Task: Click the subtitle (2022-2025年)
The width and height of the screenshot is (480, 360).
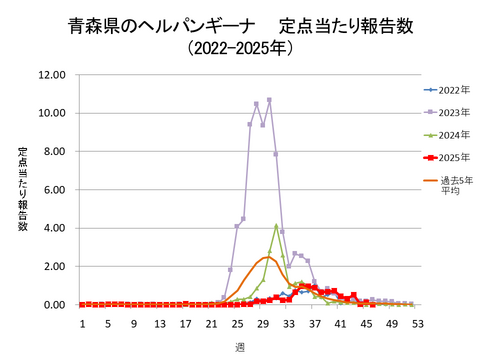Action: click(x=240, y=47)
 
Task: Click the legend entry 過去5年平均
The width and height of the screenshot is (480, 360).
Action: click(x=451, y=185)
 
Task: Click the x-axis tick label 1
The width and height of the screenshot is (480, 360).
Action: click(x=83, y=324)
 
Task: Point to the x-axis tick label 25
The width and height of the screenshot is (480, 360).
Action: click(x=237, y=324)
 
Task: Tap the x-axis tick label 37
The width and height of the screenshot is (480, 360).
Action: click(x=314, y=324)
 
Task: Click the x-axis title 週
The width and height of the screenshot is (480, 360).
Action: click(x=240, y=346)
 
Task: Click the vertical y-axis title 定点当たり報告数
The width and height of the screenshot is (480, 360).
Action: click(x=22, y=189)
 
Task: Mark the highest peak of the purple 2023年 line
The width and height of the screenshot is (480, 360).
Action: click(x=269, y=99)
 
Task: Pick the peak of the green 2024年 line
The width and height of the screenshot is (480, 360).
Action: click(x=276, y=225)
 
